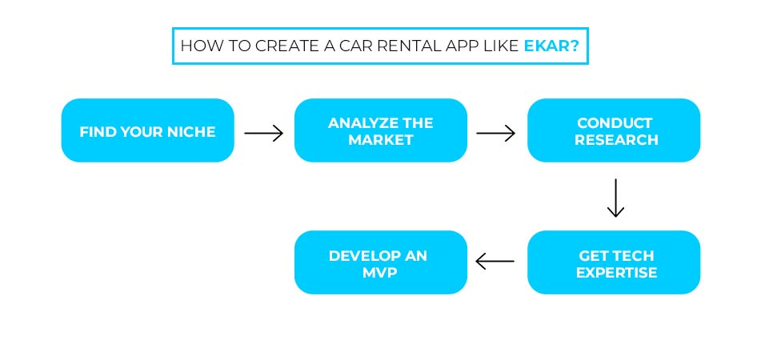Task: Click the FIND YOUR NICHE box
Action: point(148,131)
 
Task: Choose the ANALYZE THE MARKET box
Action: point(381,131)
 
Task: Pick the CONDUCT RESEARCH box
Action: point(614,131)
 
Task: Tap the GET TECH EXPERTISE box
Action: point(614,263)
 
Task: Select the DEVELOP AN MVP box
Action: point(381,263)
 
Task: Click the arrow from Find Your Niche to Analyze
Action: point(264,133)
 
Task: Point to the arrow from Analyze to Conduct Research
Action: point(496,133)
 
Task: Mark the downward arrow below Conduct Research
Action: point(615,198)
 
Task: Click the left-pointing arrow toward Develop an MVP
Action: point(495,261)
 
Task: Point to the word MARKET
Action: point(381,140)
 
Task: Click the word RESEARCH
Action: point(615,140)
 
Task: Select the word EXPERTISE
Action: point(615,272)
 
